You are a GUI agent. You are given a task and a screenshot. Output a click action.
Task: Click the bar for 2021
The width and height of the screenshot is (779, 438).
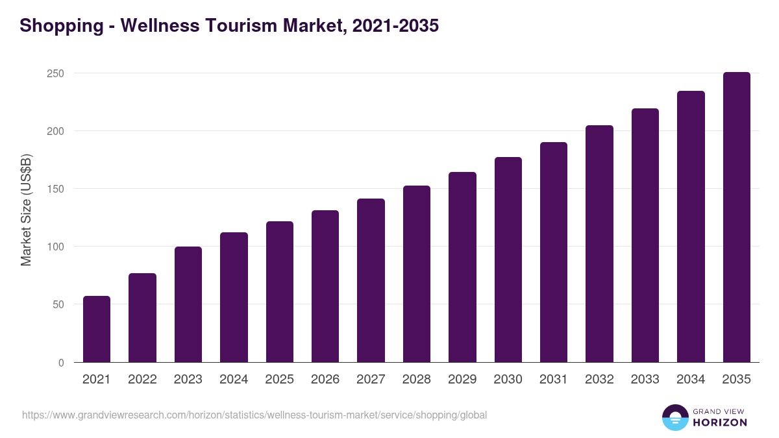pyautogui.click(x=97, y=329)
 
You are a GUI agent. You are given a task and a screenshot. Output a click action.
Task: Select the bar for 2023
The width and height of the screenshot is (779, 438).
pyautogui.click(x=188, y=304)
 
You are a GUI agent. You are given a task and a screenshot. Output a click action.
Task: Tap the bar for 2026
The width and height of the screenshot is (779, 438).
pyautogui.click(x=325, y=286)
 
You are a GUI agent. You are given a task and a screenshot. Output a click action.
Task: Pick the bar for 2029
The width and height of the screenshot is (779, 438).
pyautogui.click(x=462, y=267)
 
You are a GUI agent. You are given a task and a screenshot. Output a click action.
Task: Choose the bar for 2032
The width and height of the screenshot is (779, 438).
pyautogui.click(x=599, y=243)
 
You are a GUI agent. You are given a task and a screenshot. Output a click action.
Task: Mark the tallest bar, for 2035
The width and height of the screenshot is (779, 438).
pyautogui.click(x=736, y=217)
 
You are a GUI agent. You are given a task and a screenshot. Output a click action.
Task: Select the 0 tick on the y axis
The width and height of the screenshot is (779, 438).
pyautogui.click(x=61, y=363)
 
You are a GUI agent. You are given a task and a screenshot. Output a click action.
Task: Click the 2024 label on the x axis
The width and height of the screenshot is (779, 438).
pyautogui.click(x=234, y=380)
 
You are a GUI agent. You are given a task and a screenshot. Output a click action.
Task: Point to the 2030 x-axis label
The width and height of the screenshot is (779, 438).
pyautogui.click(x=508, y=380)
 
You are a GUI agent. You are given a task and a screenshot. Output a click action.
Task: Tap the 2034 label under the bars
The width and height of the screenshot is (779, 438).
pyautogui.click(x=691, y=380)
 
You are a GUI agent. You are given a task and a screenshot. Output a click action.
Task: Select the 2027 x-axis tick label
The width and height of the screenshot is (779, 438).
pyautogui.click(x=371, y=380)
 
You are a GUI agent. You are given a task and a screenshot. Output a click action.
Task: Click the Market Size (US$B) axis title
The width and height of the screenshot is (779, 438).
pyautogui.click(x=26, y=210)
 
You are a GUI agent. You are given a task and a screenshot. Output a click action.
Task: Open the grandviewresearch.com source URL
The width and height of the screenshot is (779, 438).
pyautogui.click(x=254, y=415)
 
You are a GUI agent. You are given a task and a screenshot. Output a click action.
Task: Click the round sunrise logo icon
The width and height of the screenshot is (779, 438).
pyautogui.click(x=675, y=417)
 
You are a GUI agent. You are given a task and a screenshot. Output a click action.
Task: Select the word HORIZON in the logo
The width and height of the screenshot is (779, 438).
pyautogui.click(x=720, y=422)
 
